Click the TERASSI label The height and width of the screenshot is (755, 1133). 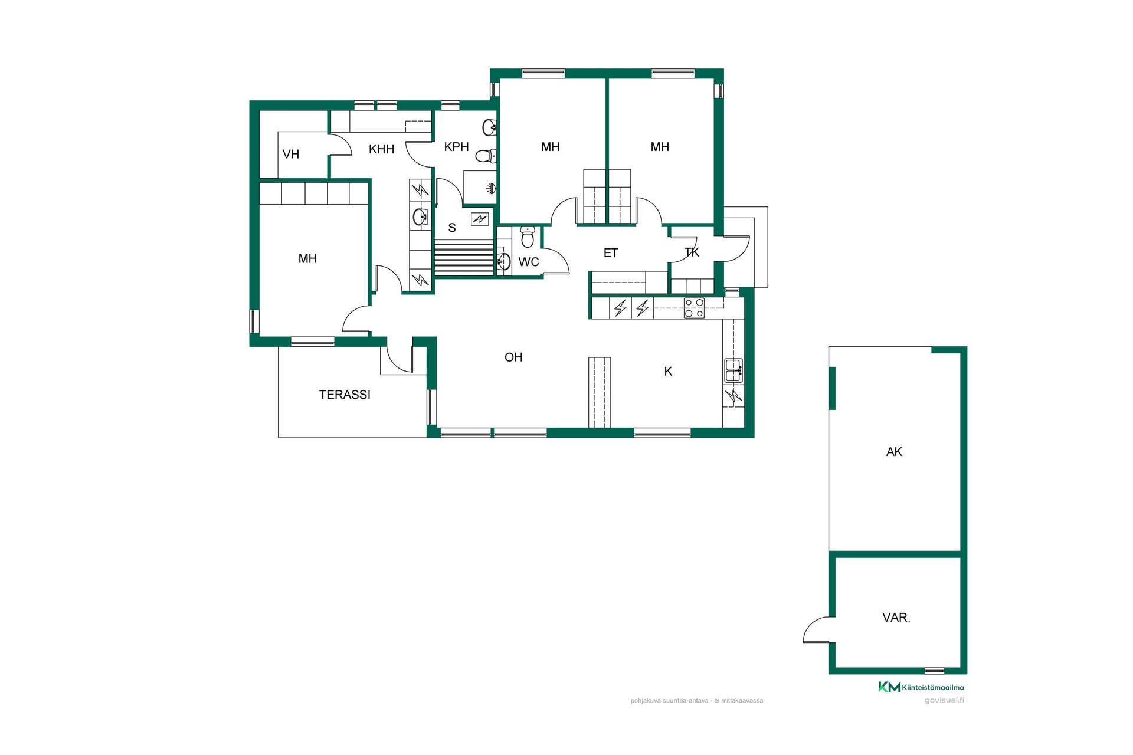tap(345, 395)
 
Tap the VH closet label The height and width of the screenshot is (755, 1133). tap(291, 155)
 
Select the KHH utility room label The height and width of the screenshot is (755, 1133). tap(381, 149)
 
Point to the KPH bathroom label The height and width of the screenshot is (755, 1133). tap(456, 147)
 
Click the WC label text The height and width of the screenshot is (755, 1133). tap(529, 262)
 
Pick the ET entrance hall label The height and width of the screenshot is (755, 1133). tap(611, 253)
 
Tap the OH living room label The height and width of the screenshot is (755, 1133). tap(513, 357)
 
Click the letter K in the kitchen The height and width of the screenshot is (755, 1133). tap(668, 371)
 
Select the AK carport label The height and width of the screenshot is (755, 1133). tap(894, 452)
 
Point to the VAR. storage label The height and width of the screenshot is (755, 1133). tap(896, 618)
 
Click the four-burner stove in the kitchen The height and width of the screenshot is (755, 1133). tap(694, 308)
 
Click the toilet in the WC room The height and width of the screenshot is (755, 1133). tap(528, 237)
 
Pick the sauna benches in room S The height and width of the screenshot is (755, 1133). tap(464, 258)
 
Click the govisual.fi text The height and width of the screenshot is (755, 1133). tap(944, 700)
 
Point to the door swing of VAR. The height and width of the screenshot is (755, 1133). tap(818, 629)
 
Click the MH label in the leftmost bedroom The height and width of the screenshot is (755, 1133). tap(307, 258)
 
